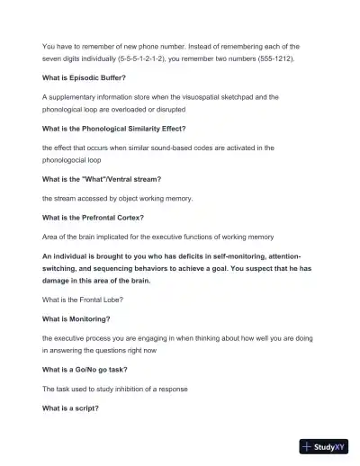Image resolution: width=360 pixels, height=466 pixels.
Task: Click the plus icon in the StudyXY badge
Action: (309, 445)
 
